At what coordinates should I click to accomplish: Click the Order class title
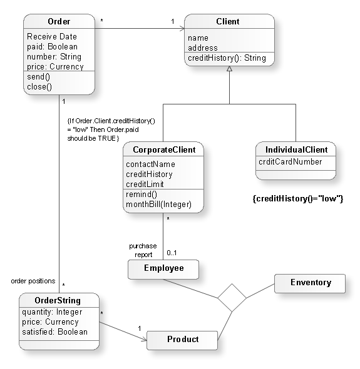click(x=59, y=22)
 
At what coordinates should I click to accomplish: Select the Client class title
click(x=228, y=22)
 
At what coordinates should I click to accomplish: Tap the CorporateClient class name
click(x=164, y=150)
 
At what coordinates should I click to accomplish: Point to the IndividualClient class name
click(x=296, y=150)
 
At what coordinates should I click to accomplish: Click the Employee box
click(x=163, y=268)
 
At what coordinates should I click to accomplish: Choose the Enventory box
click(x=310, y=283)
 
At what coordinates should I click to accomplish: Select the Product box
click(x=182, y=340)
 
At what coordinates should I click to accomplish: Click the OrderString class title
click(x=59, y=300)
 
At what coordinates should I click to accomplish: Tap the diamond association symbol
click(x=232, y=298)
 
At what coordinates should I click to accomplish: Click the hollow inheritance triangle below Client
click(x=229, y=68)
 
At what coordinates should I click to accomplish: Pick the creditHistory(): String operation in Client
click(x=227, y=58)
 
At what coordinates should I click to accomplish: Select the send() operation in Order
click(x=38, y=77)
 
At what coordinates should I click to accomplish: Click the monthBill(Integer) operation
click(x=158, y=205)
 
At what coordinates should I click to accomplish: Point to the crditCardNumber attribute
click(x=291, y=162)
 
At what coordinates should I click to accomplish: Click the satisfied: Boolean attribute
click(x=54, y=331)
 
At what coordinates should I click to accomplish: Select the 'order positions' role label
click(x=33, y=281)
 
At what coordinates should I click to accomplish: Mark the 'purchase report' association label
click(x=143, y=250)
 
